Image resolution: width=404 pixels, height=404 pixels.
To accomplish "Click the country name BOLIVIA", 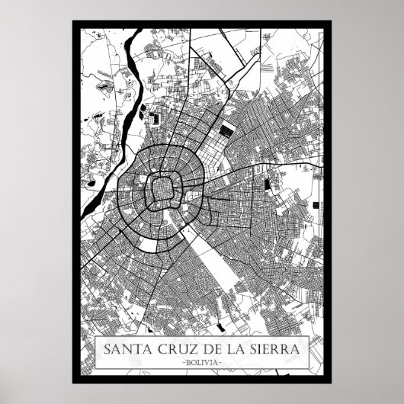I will pos(201,362).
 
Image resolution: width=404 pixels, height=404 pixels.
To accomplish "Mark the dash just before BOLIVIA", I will pos(183,362).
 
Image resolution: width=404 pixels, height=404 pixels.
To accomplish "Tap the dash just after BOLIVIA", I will pos(220,362).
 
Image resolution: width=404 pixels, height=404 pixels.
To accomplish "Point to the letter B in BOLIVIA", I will pos(188,362).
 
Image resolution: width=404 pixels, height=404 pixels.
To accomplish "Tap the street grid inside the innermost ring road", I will pos(162,188).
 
